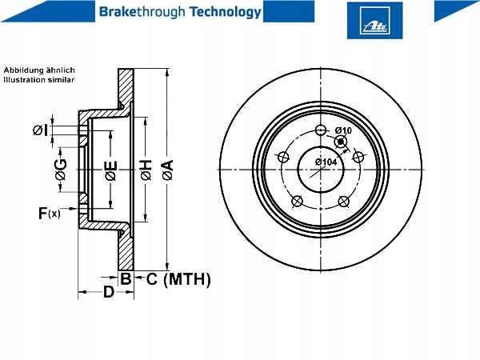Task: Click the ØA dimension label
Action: (168, 170)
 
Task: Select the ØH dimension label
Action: (146, 170)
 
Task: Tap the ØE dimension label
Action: (111, 170)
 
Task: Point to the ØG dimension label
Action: (61, 170)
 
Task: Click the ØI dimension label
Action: (40, 130)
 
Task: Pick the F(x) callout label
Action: (50, 213)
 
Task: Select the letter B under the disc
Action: (126, 278)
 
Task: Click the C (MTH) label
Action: (178, 279)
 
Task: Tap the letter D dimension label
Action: (109, 292)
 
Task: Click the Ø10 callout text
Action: (343, 130)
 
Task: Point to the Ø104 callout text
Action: (326, 162)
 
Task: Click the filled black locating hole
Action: (341, 142)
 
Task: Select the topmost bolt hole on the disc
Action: (321, 130)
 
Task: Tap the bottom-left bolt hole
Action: (297, 202)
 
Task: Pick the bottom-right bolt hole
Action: (344, 202)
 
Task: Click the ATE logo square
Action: (374, 21)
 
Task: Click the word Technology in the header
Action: (226, 12)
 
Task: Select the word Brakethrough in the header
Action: (142, 12)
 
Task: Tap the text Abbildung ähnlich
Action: (39, 70)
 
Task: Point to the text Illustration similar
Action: (39, 80)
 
